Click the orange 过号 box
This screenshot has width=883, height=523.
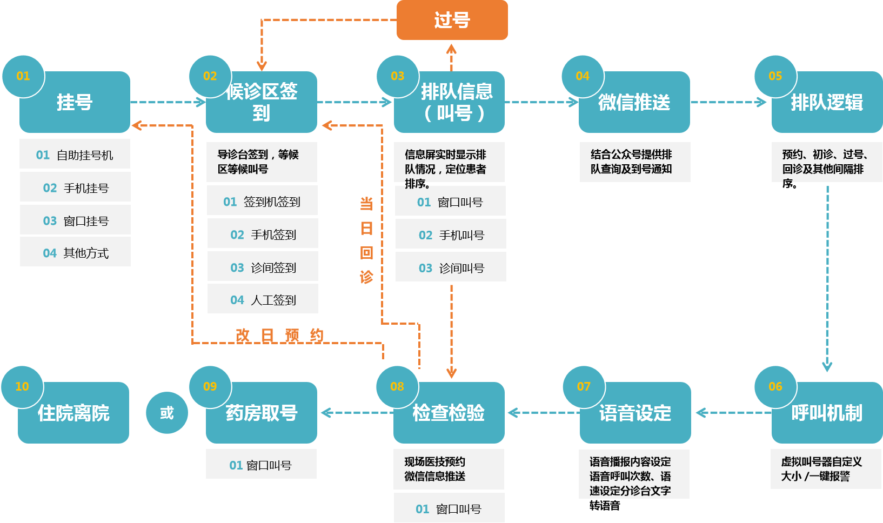coord(452,20)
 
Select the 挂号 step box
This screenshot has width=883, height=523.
coord(75,103)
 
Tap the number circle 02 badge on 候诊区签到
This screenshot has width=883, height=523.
coord(210,76)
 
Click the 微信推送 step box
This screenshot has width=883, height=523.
coord(634,103)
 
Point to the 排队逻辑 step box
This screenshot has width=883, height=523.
coord(827,103)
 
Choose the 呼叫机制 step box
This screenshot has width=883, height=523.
coord(827,413)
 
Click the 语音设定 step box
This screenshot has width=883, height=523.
coord(635,413)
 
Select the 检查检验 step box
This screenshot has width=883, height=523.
coord(449,413)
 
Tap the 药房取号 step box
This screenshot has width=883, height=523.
coord(262,413)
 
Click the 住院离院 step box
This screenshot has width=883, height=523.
coord(73,413)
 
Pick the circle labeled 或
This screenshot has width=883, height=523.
coord(167,413)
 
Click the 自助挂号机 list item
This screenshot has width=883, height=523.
coord(75,155)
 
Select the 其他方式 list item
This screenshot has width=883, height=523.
coord(75,253)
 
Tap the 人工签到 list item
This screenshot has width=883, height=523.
coord(263,300)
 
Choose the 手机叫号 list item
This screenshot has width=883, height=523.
coord(451,235)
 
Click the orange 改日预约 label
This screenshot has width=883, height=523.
coord(279,336)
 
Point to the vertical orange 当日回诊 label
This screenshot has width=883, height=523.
coord(366,240)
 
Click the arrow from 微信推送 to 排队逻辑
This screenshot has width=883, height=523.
coord(728,102)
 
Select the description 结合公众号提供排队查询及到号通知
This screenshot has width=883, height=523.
coord(634,162)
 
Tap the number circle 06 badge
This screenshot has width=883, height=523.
coord(775,387)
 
